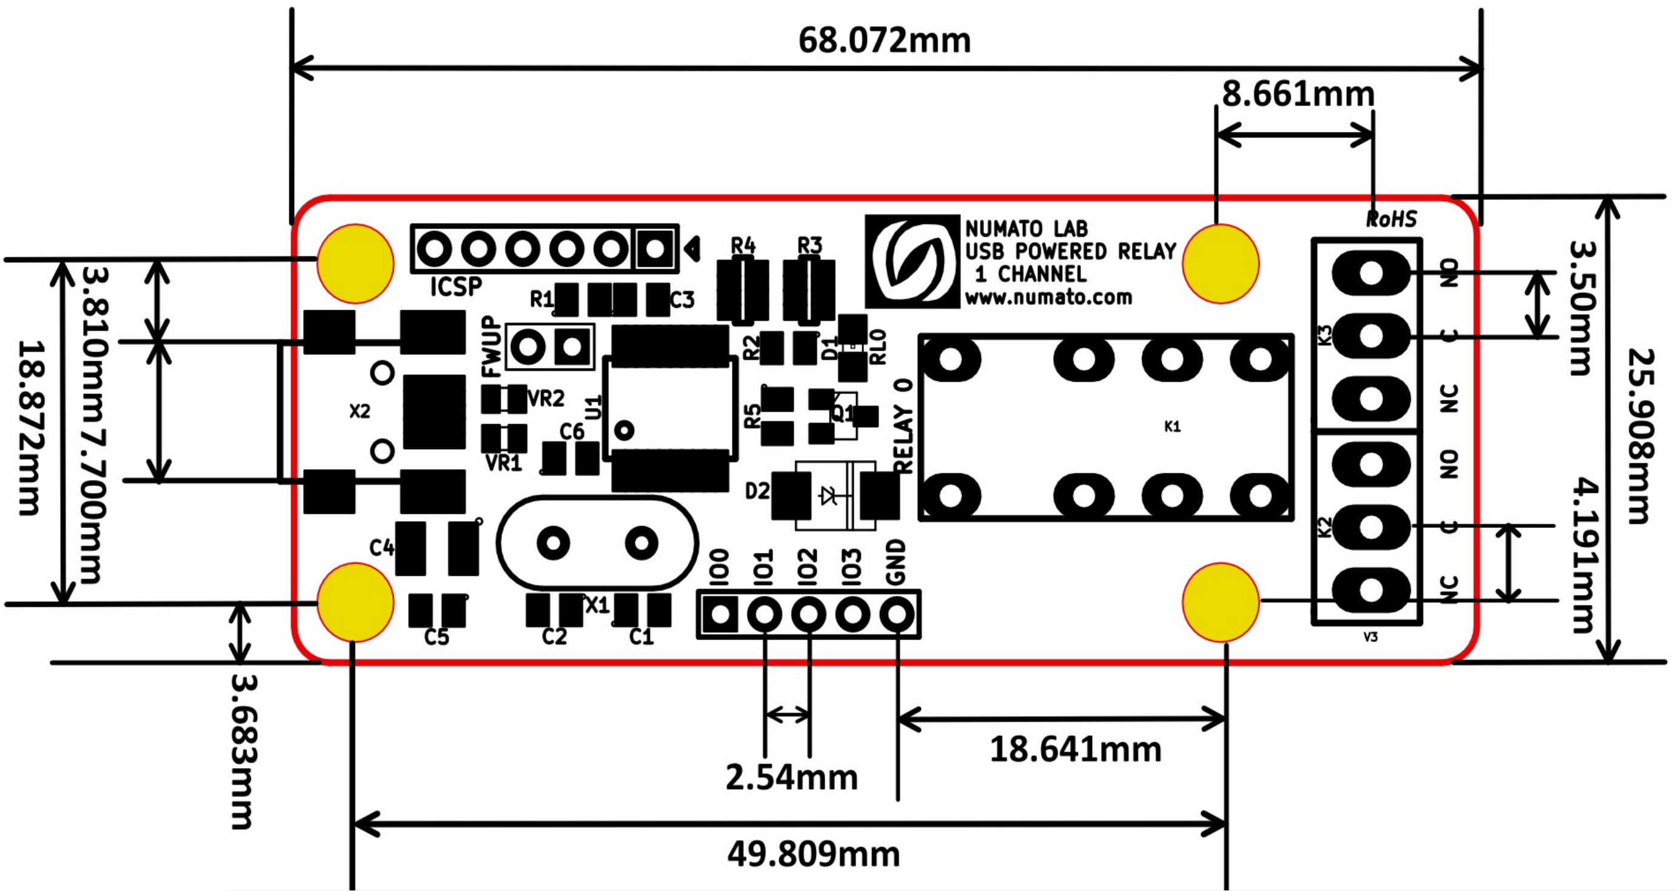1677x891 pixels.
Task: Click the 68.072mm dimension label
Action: [884, 41]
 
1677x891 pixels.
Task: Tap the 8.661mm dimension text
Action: [1297, 95]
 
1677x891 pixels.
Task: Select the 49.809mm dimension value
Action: [813, 854]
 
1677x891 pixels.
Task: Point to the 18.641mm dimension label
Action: [1075, 749]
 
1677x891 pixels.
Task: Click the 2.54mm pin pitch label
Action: [791, 777]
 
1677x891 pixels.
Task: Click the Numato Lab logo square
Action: [912, 261]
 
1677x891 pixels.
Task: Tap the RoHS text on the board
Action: [1391, 219]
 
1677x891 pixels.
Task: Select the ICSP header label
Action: [456, 286]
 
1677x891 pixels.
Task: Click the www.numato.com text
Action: [1048, 298]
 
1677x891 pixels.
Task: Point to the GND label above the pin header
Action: [897, 561]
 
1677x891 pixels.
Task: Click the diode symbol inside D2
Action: [829, 496]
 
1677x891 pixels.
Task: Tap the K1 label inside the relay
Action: [1172, 426]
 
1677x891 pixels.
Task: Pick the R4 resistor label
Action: [743, 245]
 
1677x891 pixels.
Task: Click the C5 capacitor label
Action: [436, 636]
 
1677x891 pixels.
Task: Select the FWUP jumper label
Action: [492, 346]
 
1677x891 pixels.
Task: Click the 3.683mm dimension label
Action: [245, 752]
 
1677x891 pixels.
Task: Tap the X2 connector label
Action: [360, 412]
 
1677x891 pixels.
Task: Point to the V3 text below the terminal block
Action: [1370, 637]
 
